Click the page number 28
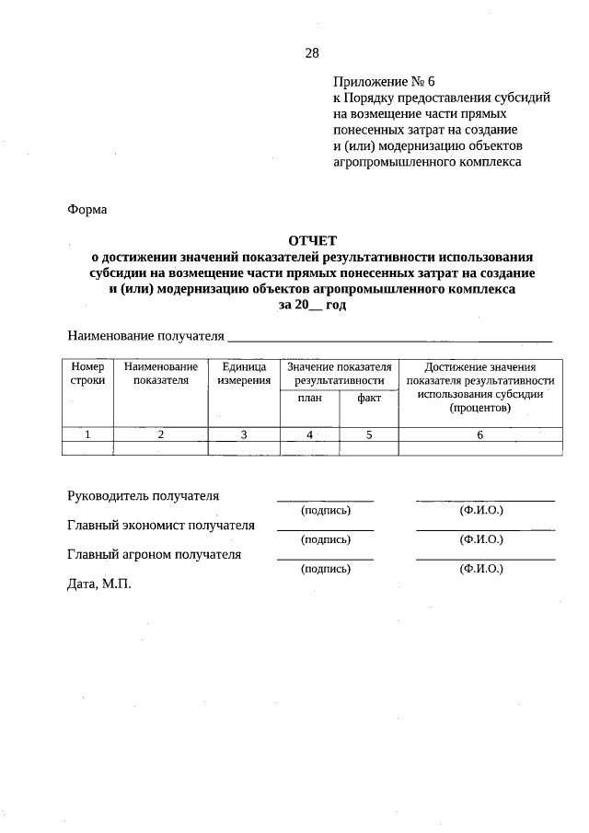[x=312, y=53]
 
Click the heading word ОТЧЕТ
[x=312, y=240]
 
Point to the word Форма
[x=87, y=209]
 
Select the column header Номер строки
[x=87, y=373]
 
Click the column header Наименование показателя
[x=160, y=373]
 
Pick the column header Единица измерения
[x=244, y=373]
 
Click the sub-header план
[x=309, y=399]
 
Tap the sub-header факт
[x=368, y=399]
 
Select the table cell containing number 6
[x=479, y=435]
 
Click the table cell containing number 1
[x=87, y=435]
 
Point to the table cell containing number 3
[x=244, y=435]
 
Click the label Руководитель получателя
[x=144, y=496]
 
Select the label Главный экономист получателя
[x=161, y=526]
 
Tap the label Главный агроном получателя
[x=155, y=554]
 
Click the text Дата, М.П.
[x=99, y=584]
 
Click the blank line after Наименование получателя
[x=389, y=341]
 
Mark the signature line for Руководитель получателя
[x=326, y=500]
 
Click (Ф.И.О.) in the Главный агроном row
[x=480, y=569]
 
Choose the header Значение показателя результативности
[x=339, y=373]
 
